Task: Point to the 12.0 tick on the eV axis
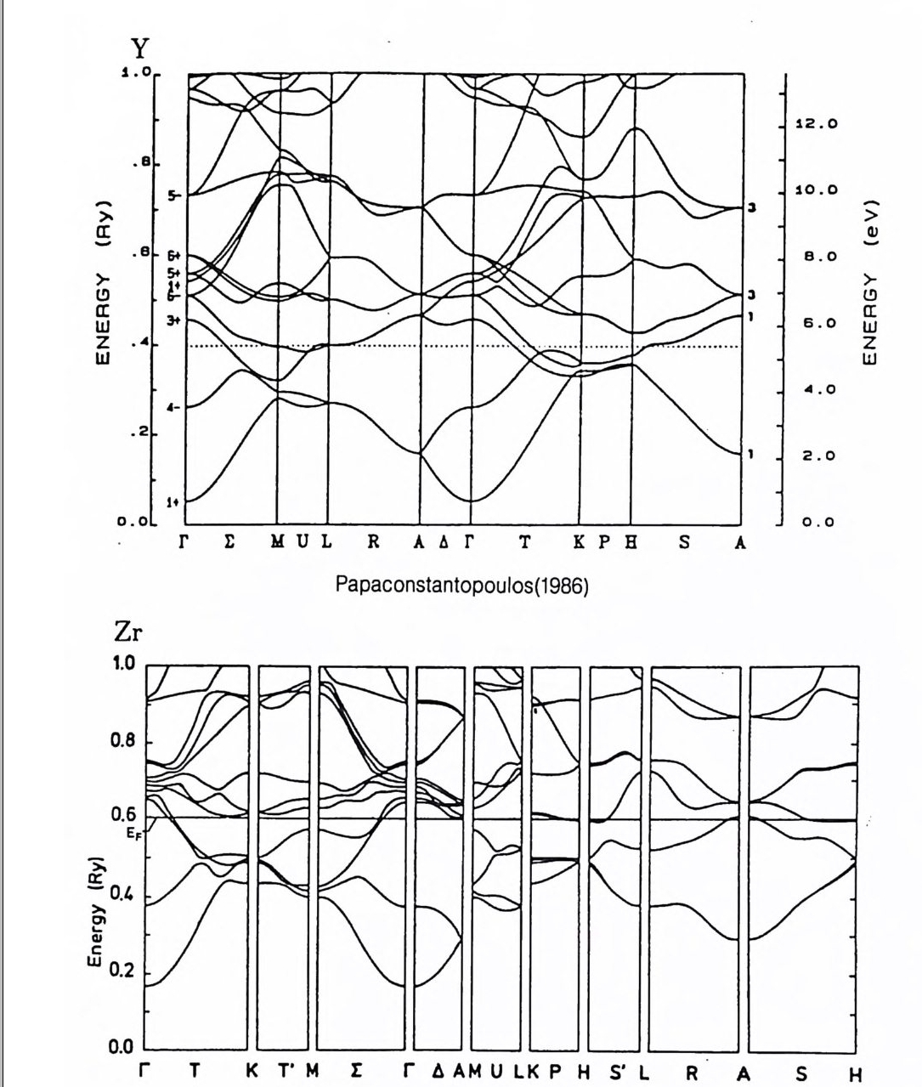tap(817, 124)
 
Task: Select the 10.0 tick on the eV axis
tap(817, 190)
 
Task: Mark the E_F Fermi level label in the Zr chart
tap(134, 835)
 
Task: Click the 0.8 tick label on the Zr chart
tap(123, 740)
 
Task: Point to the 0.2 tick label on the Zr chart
tap(123, 972)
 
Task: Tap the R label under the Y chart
tap(373, 544)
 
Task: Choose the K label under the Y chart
tap(578, 544)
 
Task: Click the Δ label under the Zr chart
tap(439, 1071)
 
